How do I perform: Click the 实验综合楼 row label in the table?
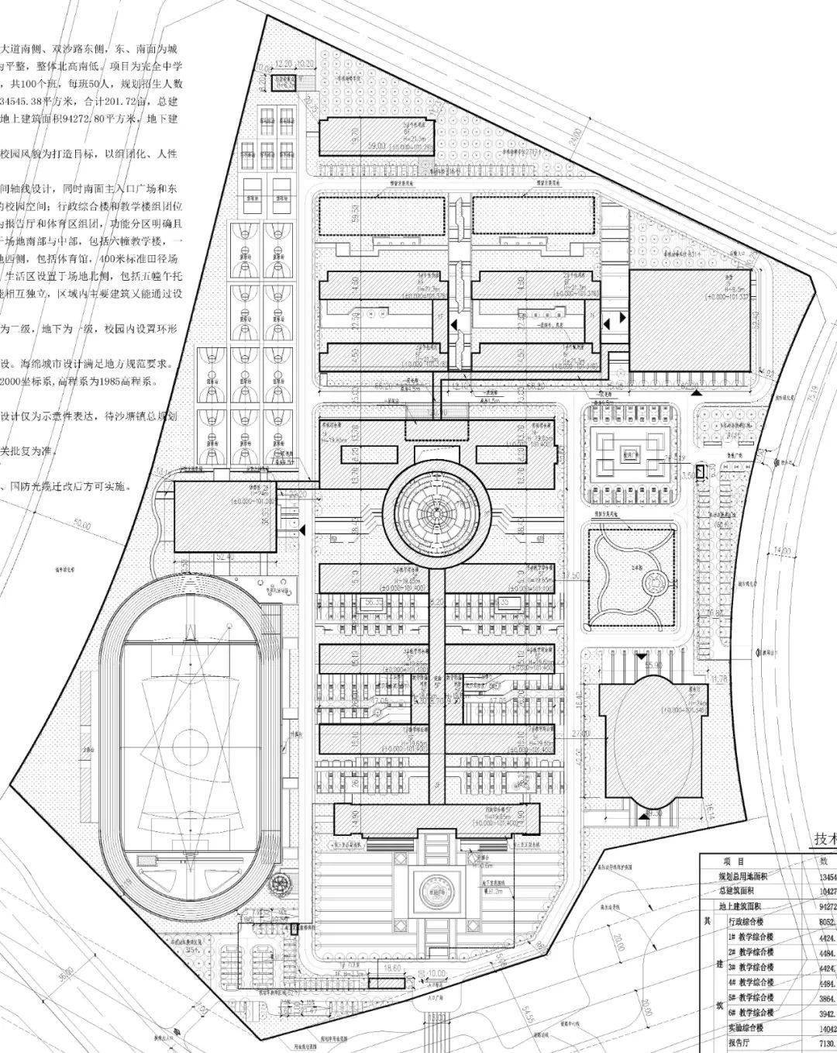point(751,1028)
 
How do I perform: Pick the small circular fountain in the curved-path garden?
point(656,580)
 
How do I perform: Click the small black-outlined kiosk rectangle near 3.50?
point(700,471)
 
